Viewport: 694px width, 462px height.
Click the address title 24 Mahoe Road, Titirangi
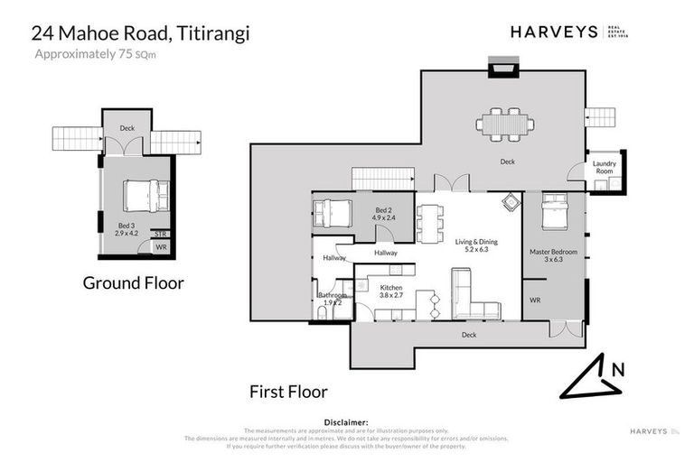(x=140, y=33)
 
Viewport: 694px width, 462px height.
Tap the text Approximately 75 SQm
(x=93, y=54)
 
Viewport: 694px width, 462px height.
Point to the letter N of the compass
(x=617, y=368)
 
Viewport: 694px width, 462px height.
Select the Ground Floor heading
(x=133, y=282)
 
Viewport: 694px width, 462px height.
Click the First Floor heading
(x=288, y=392)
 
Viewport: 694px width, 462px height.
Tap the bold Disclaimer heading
(x=346, y=421)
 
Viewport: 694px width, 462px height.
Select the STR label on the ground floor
(x=160, y=234)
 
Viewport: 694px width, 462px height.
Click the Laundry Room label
(x=605, y=167)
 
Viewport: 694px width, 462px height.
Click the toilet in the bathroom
(x=323, y=314)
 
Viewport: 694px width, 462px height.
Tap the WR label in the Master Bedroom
(x=535, y=300)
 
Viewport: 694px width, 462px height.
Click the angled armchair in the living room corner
(x=511, y=201)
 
